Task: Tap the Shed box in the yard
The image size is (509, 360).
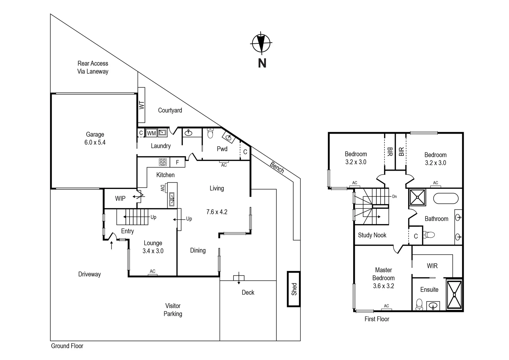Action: (x=294, y=289)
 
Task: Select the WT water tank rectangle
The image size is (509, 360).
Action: (x=142, y=105)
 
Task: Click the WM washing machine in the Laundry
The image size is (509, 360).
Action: (x=151, y=133)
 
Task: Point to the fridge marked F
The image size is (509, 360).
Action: (x=178, y=162)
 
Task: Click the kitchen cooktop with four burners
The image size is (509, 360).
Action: (x=163, y=162)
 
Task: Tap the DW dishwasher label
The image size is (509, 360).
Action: (x=163, y=188)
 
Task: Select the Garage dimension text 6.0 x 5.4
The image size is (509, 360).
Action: (x=95, y=142)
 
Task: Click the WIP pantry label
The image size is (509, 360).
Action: (x=120, y=199)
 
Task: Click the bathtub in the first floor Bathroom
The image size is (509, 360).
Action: (x=446, y=198)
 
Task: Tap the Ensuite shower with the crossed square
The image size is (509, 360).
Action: (x=454, y=295)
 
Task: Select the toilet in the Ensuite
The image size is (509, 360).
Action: (x=419, y=304)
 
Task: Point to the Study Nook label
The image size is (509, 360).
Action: (x=372, y=235)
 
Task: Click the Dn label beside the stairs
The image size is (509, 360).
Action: (x=394, y=197)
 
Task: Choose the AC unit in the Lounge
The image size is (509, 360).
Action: (x=152, y=273)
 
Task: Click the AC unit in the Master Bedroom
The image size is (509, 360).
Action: (x=386, y=308)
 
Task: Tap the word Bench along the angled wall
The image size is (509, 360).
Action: (x=277, y=167)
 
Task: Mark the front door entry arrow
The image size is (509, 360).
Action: (x=112, y=245)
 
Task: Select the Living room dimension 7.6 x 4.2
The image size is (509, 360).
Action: (x=217, y=212)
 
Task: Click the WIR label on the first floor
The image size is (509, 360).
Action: (x=432, y=266)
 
